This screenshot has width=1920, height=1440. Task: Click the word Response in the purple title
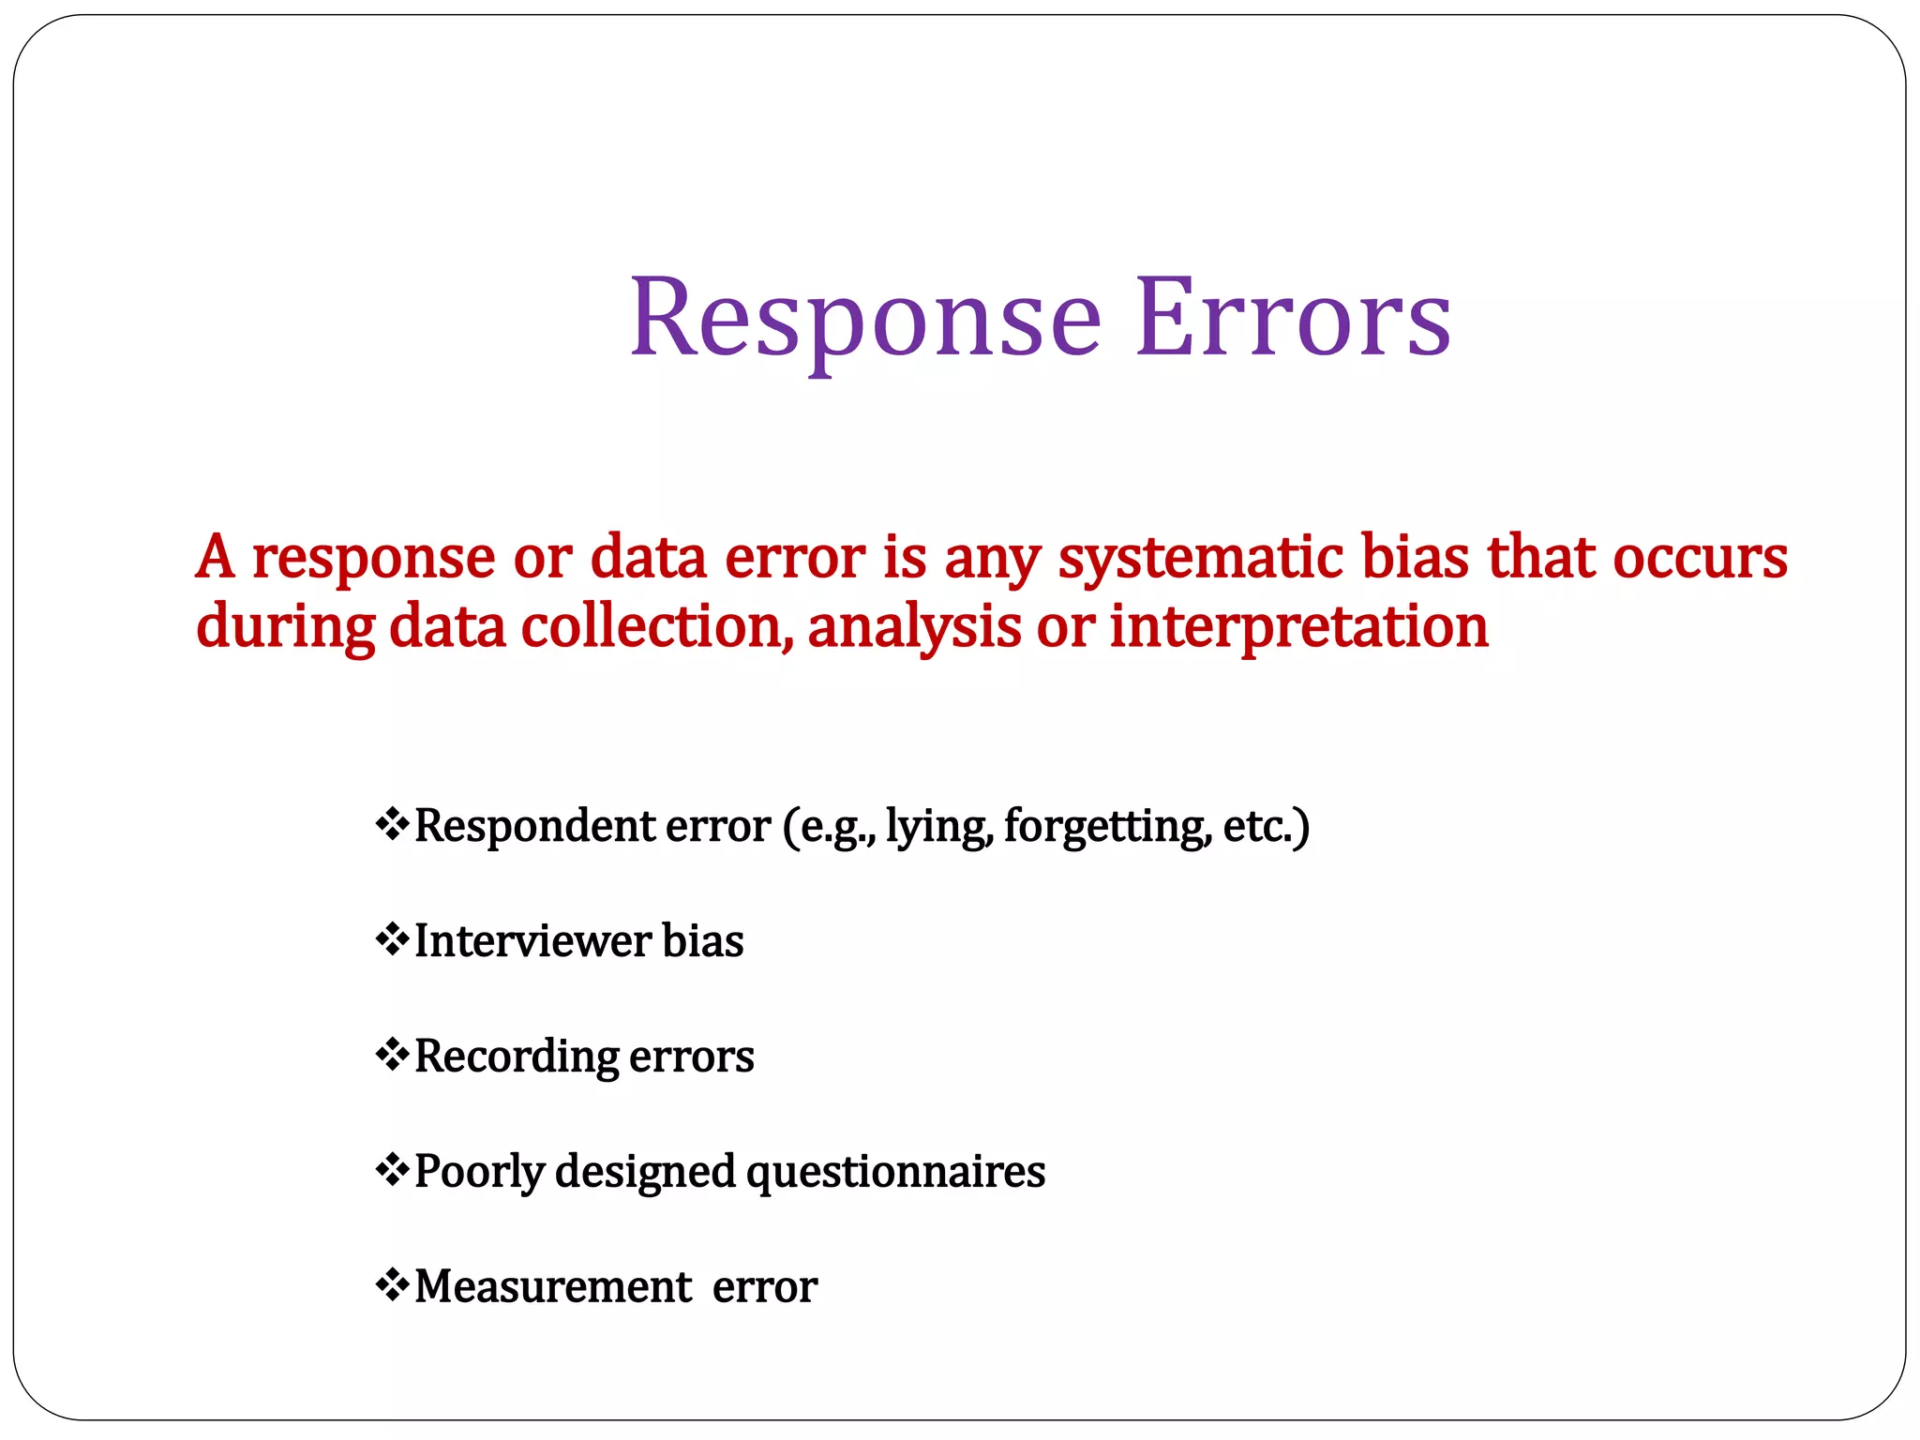(864, 319)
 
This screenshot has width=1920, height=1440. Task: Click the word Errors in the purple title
(1293, 319)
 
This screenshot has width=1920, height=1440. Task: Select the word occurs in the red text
(1700, 557)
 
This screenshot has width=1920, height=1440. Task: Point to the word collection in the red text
(652, 626)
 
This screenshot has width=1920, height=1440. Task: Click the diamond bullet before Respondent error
(392, 825)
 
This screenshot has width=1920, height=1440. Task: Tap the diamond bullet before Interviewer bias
(392, 939)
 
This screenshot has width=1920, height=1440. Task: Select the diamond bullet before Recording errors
(392, 1055)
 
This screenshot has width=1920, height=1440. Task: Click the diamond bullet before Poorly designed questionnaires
(392, 1170)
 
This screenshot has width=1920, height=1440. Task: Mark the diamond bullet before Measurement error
(392, 1284)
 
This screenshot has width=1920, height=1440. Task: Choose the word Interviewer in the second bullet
(532, 940)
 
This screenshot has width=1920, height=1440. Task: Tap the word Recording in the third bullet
(516, 1057)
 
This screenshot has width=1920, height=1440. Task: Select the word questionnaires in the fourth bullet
(895, 1172)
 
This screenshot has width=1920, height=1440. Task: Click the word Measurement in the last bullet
(553, 1286)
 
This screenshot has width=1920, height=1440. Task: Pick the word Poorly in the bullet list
(479, 1172)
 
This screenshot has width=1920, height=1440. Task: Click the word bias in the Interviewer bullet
(702, 940)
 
